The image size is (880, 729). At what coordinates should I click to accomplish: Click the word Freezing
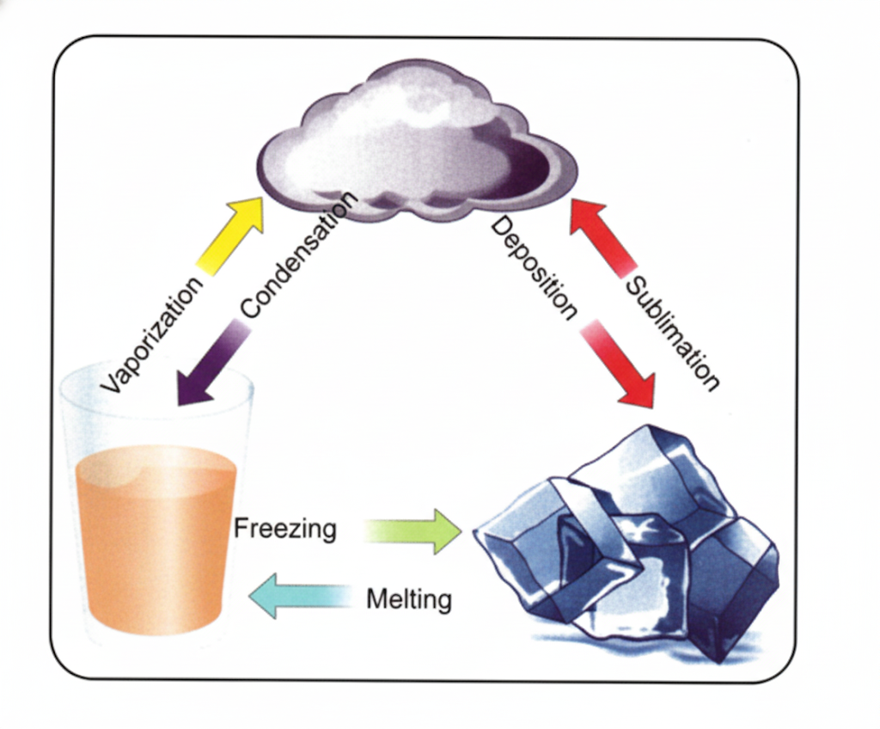click(284, 528)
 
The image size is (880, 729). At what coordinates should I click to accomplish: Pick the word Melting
click(408, 598)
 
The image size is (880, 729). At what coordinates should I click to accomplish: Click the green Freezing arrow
click(412, 531)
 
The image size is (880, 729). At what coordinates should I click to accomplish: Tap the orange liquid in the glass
click(155, 542)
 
